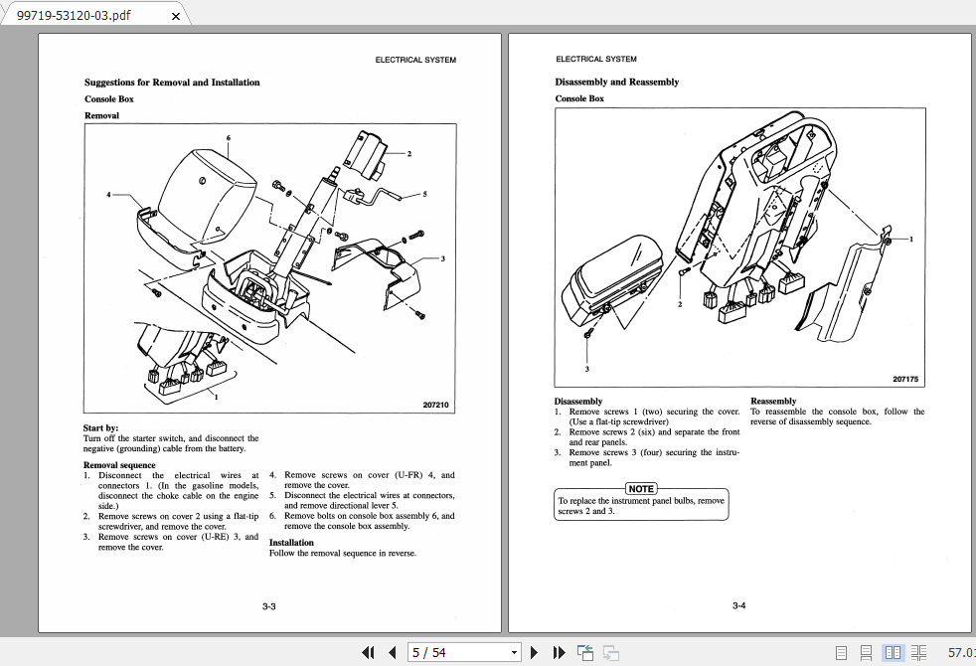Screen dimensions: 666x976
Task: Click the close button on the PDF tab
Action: (x=177, y=15)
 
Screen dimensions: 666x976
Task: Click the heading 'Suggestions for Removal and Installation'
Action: (x=172, y=83)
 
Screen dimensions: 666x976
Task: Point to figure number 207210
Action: (x=435, y=406)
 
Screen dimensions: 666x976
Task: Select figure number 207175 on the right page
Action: (x=905, y=380)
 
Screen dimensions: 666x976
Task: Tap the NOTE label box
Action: (x=641, y=488)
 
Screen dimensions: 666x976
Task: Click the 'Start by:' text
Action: (x=100, y=428)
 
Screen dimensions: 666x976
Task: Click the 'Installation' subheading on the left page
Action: (x=291, y=543)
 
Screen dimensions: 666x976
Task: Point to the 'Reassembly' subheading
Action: (x=773, y=402)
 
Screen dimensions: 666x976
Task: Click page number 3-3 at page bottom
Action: (x=268, y=606)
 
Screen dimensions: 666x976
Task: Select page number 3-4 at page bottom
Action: (x=738, y=606)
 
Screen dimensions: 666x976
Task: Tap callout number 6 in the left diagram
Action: (x=229, y=138)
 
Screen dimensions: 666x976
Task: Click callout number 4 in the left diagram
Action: (x=109, y=195)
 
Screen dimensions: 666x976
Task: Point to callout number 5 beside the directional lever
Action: (x=424, y=194)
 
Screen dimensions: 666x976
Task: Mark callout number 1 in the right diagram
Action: (x=910, y=240)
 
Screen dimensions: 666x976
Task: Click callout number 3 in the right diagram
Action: (x=586, y=369)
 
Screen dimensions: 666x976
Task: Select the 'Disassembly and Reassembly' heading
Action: (x=616, y=83)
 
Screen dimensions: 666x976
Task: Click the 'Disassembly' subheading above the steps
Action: (x=578, y=402)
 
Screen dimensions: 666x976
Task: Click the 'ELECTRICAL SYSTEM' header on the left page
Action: (x=415, y=60)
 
